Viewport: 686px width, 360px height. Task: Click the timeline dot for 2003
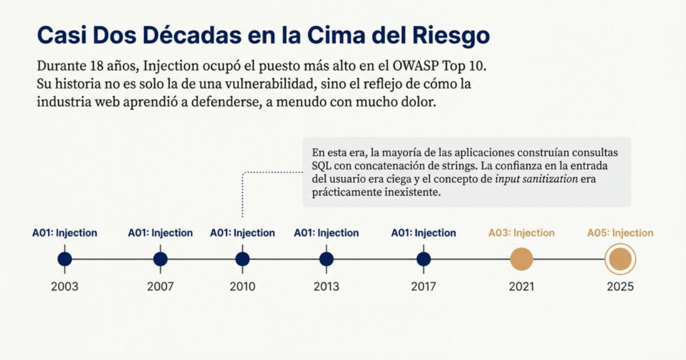pyautogui.click(x=64, y=259)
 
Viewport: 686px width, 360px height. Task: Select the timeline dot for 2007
pyautogui.click(x=160, y=259)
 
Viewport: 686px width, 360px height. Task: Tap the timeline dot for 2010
pyautogui.click(x=243, y=259)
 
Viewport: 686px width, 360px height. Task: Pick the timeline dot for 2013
pyautogui.click(x=326, y=259)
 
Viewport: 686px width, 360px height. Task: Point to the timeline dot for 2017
pyautogui.click(x=423, y=259)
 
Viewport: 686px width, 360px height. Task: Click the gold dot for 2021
pyautogui.click(x=521, y=259)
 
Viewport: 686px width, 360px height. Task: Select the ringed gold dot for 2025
pyautogui.click(x=620, y=259)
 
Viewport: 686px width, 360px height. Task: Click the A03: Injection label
pyautogui.click(x=521, y=233)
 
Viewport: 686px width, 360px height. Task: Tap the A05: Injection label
pyautogui.click(x=620, y=233)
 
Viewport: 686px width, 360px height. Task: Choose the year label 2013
pyautogui.click(x=326, y=287)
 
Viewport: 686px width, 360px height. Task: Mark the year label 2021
pyautogui.click(x=521, y=287)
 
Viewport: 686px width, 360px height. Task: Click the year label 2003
pyautogui.click(x=64, y=287)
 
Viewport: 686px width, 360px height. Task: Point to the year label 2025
pyautogui.click(x=620, y=287)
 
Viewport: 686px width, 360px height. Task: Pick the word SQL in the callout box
pyautogui.click(x=322, y=166)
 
